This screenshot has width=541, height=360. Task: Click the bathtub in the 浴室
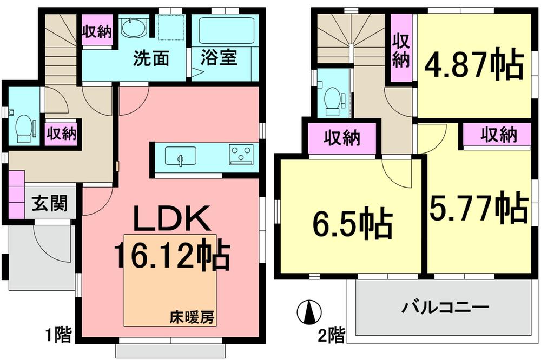(x=221, y=30)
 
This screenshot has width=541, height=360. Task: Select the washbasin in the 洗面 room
(x=133, y=28)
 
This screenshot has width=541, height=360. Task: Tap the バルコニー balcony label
(x=445, y=308)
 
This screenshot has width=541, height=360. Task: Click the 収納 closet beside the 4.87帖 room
(x=401, y=50)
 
